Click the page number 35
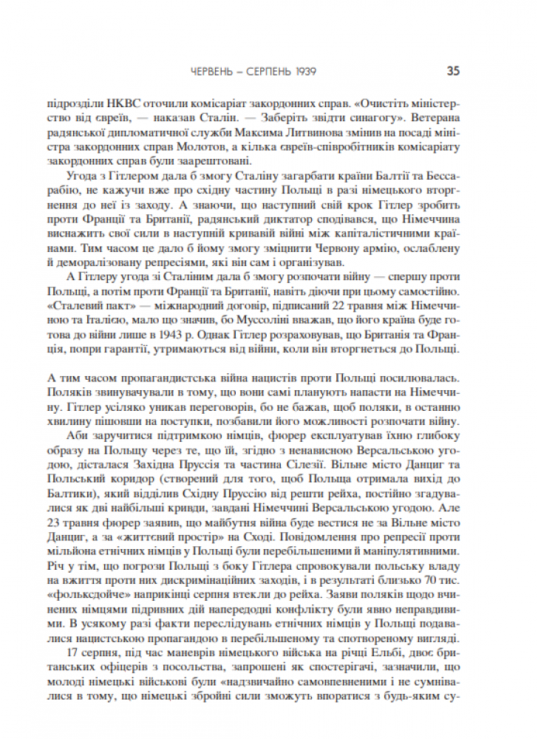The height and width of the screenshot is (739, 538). point(453,72)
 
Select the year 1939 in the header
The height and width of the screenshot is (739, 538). point(304,72)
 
